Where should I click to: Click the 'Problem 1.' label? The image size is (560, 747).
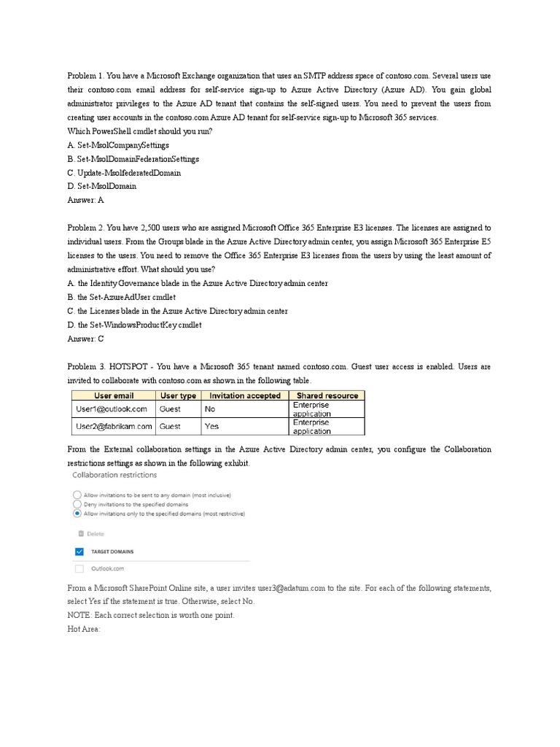pyautogui.click(x=86, y=75)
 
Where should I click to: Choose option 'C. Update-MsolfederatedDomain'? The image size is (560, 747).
pyautogui.click(x=124, y=173)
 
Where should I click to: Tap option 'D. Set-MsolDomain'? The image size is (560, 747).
pyautogui.click(x=101, y=186)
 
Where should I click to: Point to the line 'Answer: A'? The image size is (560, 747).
pyautogui.click(x=86, y=200)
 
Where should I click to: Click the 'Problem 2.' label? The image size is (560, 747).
pyautogui.click(x=86, y=228)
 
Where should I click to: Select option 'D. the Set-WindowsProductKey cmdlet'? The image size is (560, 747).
pyautogui.click(x=134, y=325)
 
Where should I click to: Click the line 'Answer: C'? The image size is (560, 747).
pyautogui.click(x=86, y=338)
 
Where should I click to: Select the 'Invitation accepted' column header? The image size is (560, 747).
pyautogui.click(x=245, y=395)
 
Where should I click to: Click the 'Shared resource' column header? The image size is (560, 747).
pyautogui.click(x=327, y=395)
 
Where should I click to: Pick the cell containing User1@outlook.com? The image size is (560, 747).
pyautogui.click(x=112, y=409)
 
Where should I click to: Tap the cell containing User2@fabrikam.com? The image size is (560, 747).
pyautogui.click(x=114, y=427)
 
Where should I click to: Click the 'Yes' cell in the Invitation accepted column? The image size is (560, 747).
pyautogui.click(x=212, y=427)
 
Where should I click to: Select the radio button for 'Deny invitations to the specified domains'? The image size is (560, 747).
pyautogui.click(x=77, y=504)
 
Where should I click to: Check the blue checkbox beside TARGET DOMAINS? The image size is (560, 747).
pyautogui.click(x=79, y=551)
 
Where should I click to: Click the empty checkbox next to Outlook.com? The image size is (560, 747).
pyautogui.click(x=79, y=568)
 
